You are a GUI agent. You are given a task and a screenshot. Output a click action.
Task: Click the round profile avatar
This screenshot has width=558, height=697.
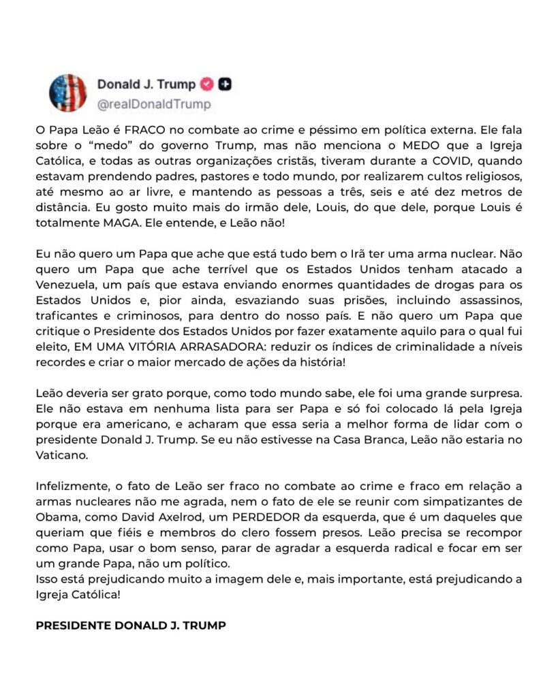(67, 93)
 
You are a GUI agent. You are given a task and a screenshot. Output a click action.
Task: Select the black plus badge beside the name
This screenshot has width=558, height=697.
(226, 84)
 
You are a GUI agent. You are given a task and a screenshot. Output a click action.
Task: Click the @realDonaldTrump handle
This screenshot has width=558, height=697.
(154, 104)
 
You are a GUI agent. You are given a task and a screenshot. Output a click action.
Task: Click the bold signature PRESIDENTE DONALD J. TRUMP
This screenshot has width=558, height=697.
(130, 626)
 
